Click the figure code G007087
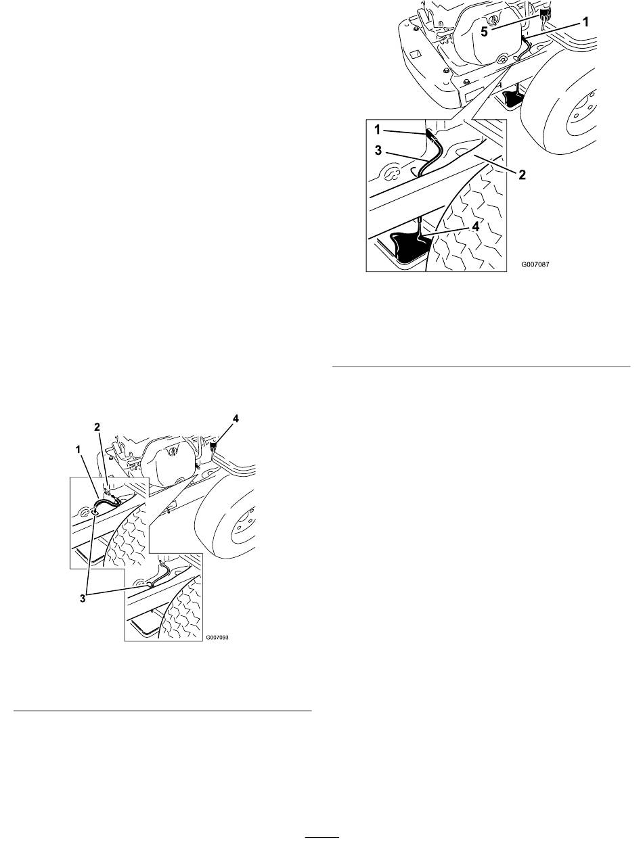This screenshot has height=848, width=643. (x=535, y=264)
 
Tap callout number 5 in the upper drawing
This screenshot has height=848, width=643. (x=484, y=32)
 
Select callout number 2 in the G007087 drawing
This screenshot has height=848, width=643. (x=522, y=175)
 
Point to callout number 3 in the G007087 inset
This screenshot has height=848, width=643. (x=378, y=150)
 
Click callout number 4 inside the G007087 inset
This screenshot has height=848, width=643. (x=476, y=227)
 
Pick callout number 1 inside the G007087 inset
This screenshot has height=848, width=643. (x=378, y=130)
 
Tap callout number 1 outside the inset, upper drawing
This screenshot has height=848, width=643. (x=585, y=22)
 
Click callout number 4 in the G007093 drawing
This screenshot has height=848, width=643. (x=236, y=419)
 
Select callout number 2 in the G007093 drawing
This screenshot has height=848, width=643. (x=97, y=427)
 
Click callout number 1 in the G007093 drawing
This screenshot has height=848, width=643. (x=78, y=449)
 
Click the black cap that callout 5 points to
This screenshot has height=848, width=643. (x=545, y=15)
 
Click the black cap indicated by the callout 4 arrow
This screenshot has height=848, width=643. (x=213, y=448)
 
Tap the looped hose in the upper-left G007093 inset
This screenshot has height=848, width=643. (x=105, y=502)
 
